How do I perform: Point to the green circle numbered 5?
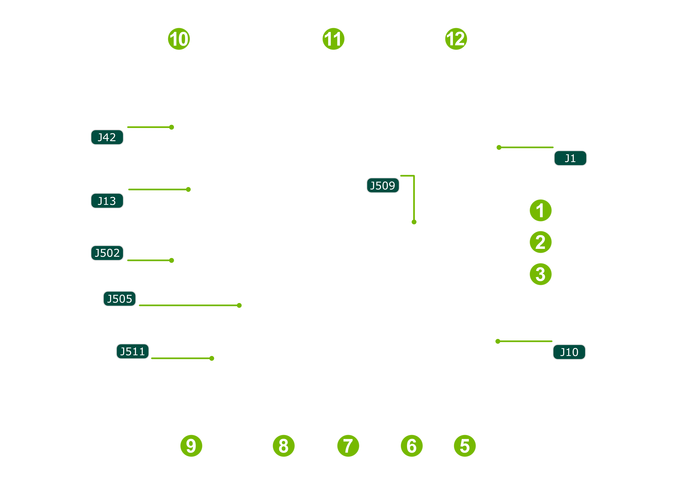(465, 446)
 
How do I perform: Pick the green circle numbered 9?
(191, 446)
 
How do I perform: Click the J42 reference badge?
(107, 137)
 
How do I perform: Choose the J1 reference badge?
(570, 158)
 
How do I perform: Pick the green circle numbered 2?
(540, 242)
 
